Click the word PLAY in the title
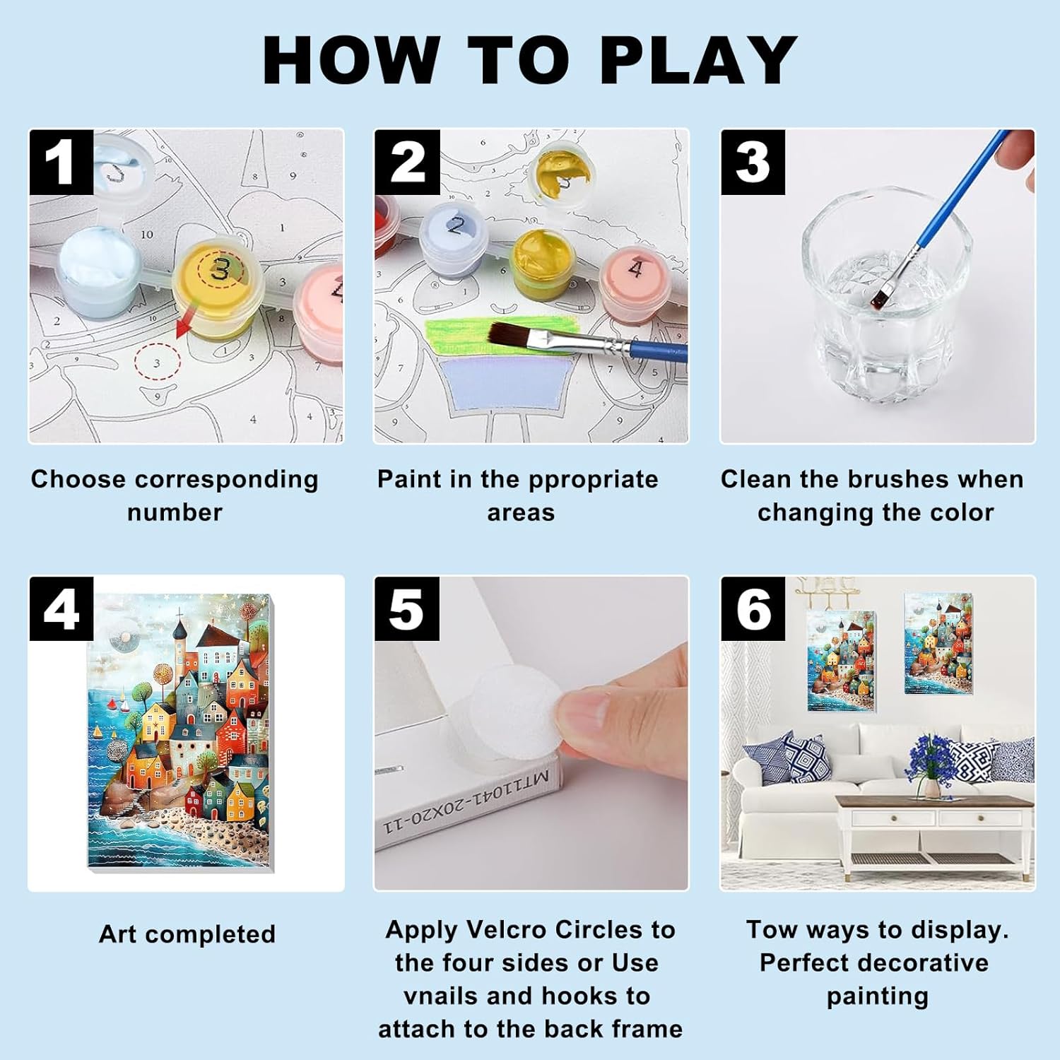tap(698, 60)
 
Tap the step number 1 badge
tap(61, 162)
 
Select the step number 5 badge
tap(407, 608)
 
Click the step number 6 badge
tap(753, 608)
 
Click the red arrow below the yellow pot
tap(186, 326)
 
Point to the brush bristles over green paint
tap(517, 335)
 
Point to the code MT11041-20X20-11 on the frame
tap(466, 801)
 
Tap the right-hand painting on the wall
tap(938, 643)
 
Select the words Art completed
tap(187, 934)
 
